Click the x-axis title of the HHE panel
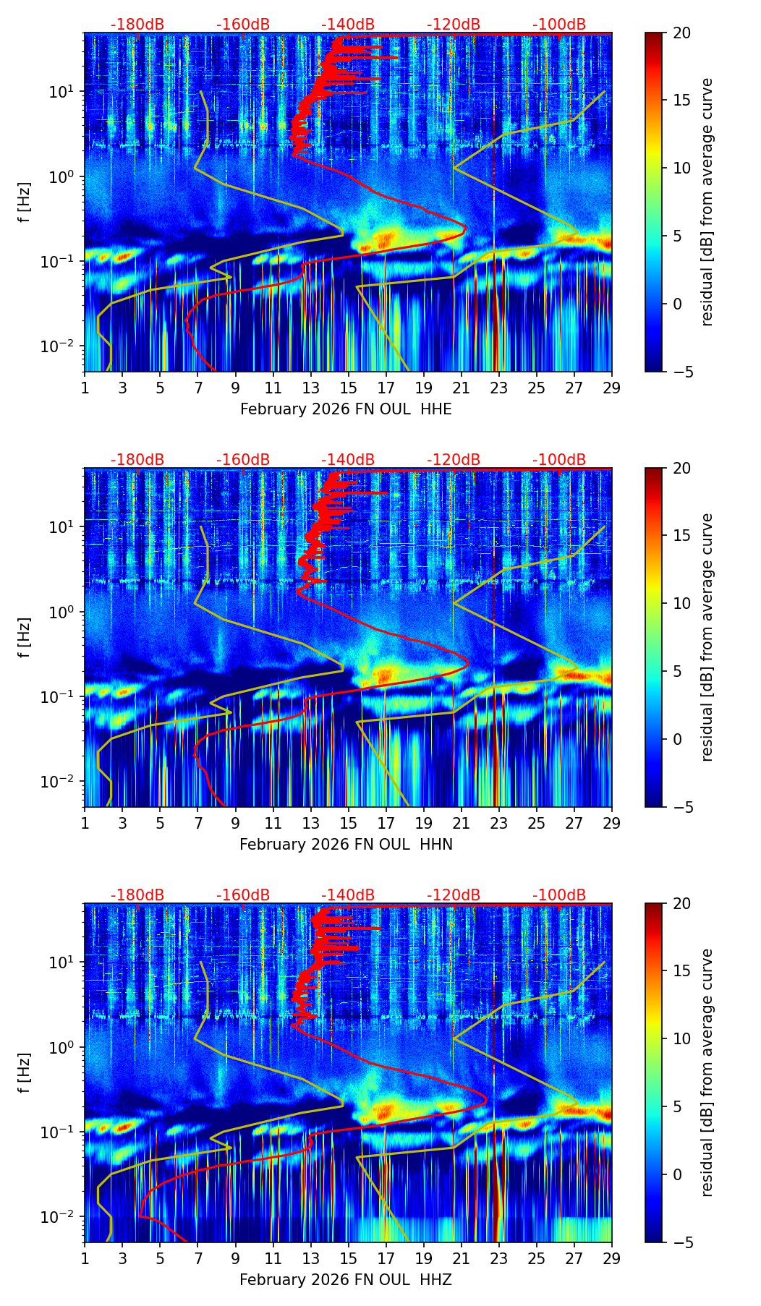point(346,409)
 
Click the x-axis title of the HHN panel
point(346,845)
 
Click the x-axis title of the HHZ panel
point(346,1280)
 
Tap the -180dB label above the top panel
point(137,25)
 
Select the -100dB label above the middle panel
point(559,460)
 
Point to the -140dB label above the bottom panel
point(348,895)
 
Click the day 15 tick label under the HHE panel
point(348,388)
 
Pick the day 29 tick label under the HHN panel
point(611,823)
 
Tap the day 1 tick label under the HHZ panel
point(85,1258)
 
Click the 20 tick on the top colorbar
point(681,33)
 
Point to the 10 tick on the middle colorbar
point(681,603)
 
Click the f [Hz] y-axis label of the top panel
point(25,202)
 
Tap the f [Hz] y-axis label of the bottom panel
point(25,1073)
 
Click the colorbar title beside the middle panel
point(707,637)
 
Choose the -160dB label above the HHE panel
point(243,25)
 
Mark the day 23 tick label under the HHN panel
point(498,823)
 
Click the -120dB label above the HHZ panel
point(454,895)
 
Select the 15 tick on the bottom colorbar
point(681,971)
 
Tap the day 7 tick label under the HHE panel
point(198,388)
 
